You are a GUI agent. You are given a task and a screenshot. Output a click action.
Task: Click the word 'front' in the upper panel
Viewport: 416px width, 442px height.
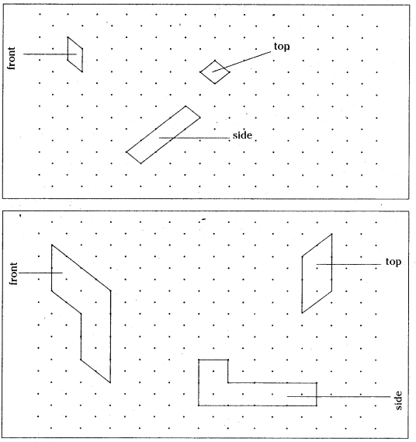point(12,58)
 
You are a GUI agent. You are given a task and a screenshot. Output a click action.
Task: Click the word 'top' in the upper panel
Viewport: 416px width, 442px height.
point(282,47)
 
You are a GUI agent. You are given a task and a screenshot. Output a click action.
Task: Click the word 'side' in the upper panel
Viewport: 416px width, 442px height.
point(242,135)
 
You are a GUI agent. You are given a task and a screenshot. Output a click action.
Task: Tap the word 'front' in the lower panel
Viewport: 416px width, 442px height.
point(13,273)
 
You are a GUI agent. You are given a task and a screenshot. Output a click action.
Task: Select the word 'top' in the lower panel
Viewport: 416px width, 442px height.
point(393,262)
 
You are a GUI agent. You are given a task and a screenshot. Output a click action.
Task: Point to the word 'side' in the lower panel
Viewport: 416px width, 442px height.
point(399,401)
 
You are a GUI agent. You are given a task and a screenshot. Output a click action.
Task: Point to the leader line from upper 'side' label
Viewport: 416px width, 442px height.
point(194,137)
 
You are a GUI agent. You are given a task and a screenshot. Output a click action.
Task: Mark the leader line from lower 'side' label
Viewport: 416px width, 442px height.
point(339,397)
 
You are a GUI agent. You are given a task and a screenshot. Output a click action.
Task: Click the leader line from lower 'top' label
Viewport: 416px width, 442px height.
point(348,264)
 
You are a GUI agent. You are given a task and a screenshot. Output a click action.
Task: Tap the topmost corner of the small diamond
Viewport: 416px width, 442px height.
point(215,61)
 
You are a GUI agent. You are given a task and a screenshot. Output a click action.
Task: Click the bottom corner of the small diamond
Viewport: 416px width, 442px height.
point(215,83)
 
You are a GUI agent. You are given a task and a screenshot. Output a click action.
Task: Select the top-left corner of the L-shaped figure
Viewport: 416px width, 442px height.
point(199,360)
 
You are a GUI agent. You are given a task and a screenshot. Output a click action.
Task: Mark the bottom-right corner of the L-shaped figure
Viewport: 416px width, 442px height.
point(317,405)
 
